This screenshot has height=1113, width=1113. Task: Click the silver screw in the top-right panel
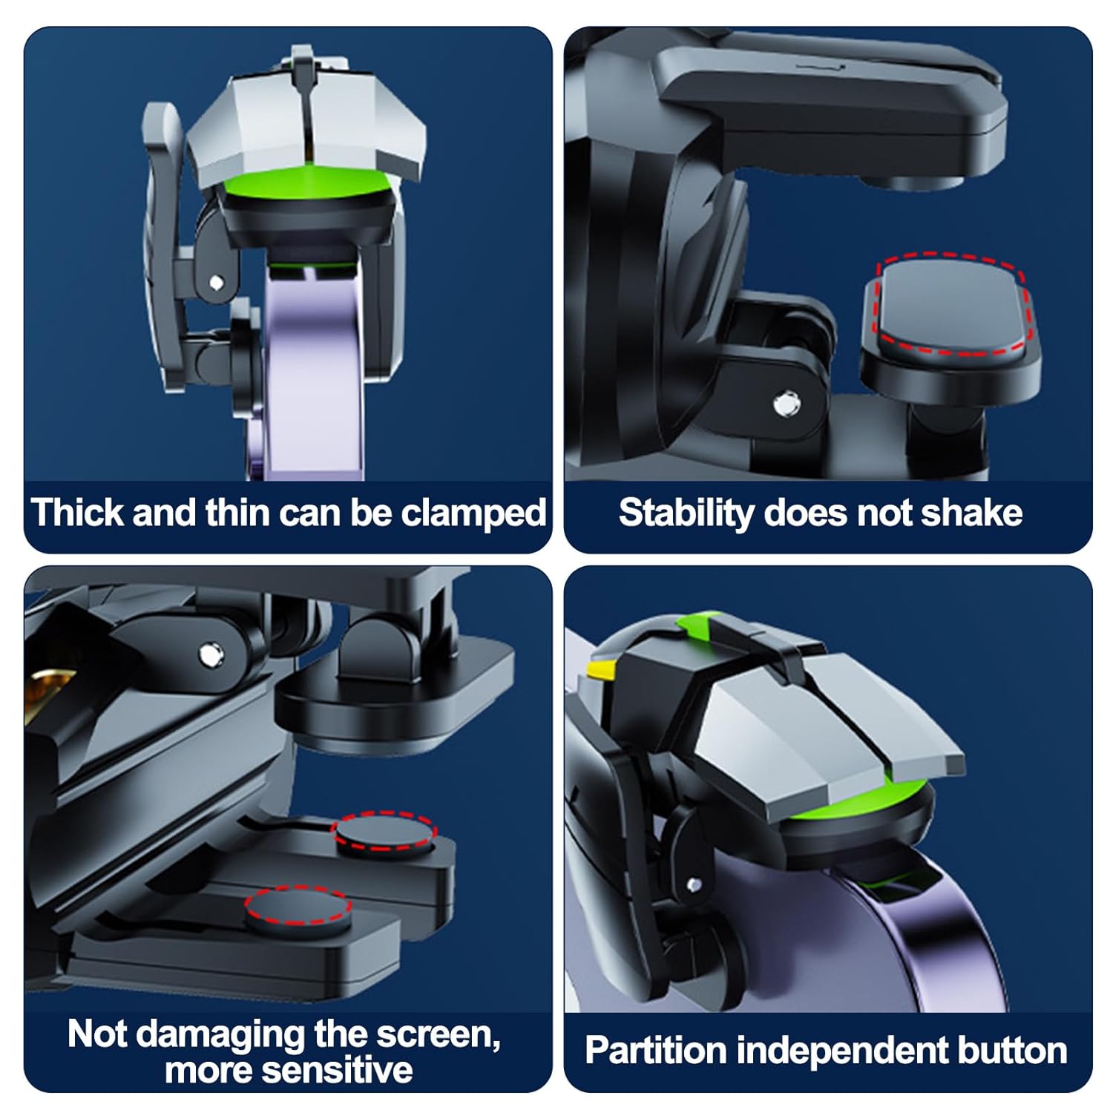coord(781,404)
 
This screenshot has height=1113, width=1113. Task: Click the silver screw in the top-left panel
coord(216,282)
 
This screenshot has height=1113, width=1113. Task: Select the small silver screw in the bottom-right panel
coord(694,884)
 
